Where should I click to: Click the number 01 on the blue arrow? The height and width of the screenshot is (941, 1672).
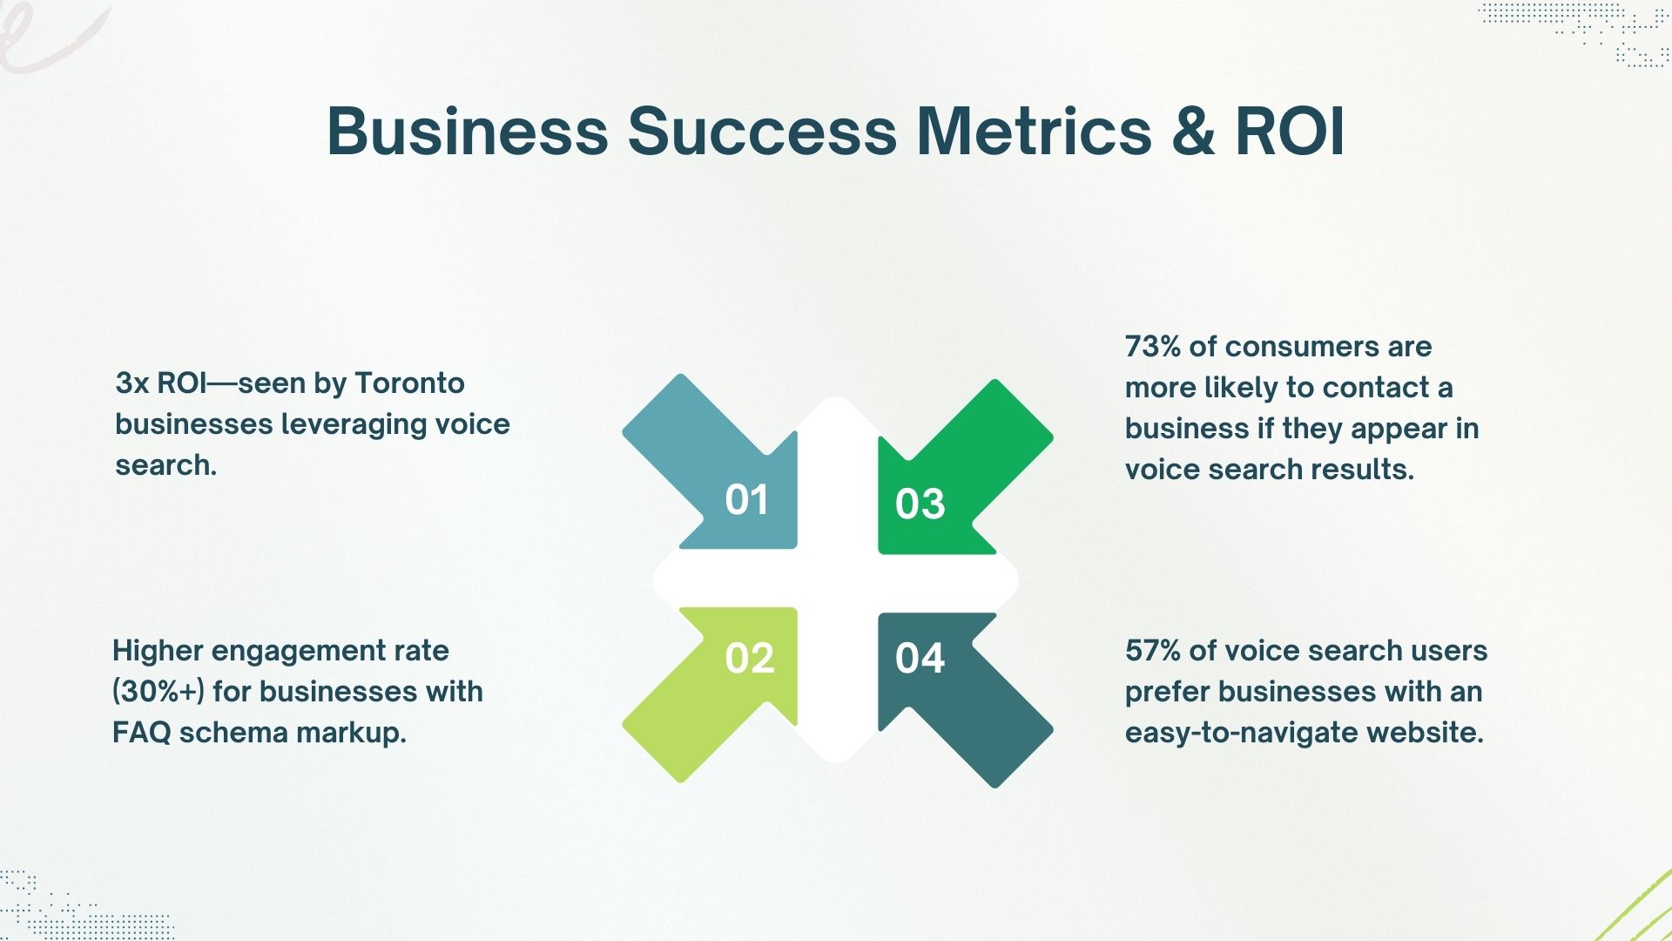pyautogui.click(x=746, y=500)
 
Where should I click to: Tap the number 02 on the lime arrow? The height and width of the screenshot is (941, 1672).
pyautogui.click(x=749, y=659)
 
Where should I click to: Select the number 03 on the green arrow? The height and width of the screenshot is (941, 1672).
pyautogui.click(x=920, y=504)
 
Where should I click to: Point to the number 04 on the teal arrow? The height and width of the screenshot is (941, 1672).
pyautogui.click(x=920, y=659)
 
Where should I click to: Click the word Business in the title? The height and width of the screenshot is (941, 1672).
pyautogui.click(x=468, y=132)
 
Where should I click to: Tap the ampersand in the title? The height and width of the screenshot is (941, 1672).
pyautogui.click(x=1193, y=132)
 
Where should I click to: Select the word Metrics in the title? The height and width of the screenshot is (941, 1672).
pyautogui.click(x=1035, y=132)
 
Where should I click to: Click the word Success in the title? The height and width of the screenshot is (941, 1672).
pyautogui.click(x=762, y=132)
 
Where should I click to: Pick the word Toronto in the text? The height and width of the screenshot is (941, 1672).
pyautogui.click(x=409, y=383)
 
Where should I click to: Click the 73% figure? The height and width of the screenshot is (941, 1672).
pyautogui.click(x=1153, y=347)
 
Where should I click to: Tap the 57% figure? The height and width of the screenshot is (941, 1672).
pyautogui.click(x=1153, y=651)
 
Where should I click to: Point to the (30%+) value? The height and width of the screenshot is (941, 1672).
pyautogui.click(x=158, y=692)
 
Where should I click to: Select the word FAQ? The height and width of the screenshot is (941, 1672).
pyautogui.click(x=141, y=733)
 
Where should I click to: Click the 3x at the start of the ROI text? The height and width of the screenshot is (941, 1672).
pyautogui.click(x=132, y=383)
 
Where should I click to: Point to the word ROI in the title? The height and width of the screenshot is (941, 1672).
pyautogui.click(x=1290, y=132)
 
